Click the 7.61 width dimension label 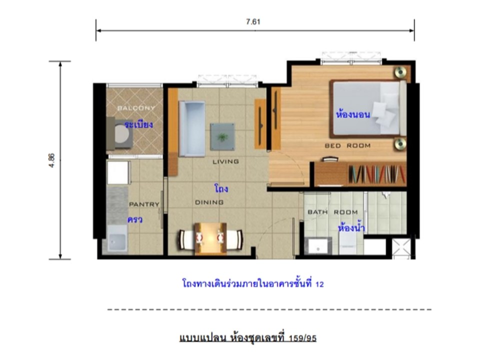253,21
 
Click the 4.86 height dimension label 51,160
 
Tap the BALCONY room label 136,108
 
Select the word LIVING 225,161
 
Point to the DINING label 209,202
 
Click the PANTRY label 144,204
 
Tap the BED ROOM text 347,145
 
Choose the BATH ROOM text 333,212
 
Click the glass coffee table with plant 222,136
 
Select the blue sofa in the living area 192,129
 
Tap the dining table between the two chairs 210,238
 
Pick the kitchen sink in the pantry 117,239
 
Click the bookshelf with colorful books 376,174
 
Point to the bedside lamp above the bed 400,72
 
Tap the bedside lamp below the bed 400,143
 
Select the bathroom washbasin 318,246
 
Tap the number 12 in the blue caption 319,284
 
